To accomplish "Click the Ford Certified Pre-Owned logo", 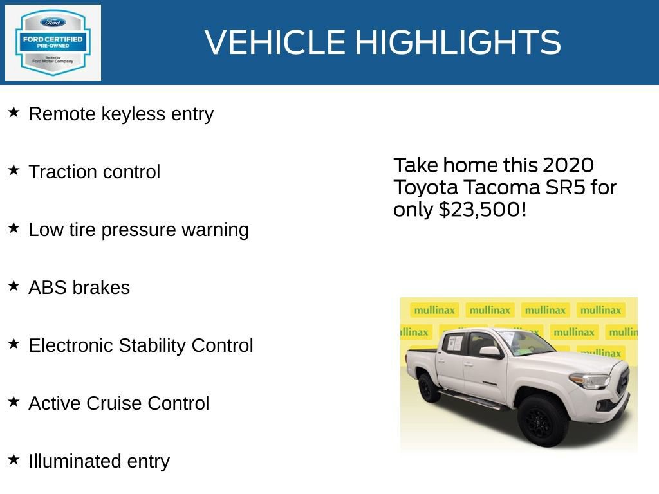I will [53, 42].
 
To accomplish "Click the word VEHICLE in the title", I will [275, 42].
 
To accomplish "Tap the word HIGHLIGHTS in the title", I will [458, 42].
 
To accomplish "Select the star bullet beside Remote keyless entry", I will [14, 113].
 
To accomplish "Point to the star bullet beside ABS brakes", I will [14, 286].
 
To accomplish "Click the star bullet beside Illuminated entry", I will [14, 460].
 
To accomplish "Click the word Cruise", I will [119, 403].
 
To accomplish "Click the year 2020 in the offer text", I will [568, 165].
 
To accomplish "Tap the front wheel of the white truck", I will [542, 421].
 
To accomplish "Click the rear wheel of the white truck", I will [429, 387].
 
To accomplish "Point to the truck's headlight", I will [589, 381].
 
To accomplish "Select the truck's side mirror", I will [489, 352].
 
